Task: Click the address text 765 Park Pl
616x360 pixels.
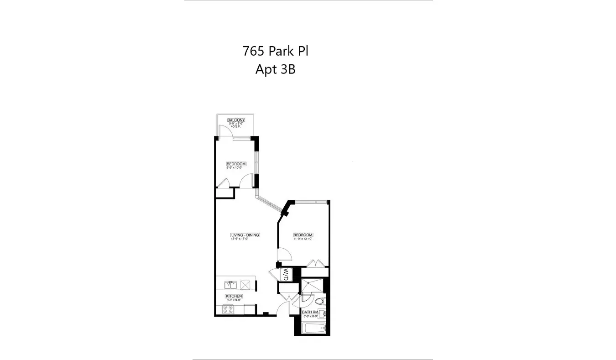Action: pos(275,51)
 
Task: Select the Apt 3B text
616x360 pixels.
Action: pos(275,70)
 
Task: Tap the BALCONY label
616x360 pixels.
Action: pos(236,120)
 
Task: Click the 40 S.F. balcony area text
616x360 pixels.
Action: pos(236,126)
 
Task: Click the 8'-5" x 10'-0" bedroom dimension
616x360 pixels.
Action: pos(236,168)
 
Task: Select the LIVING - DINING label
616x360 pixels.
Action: pos(245,235)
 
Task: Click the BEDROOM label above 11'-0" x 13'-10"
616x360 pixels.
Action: pos(303,235)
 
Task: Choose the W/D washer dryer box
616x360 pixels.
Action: pos(286,275)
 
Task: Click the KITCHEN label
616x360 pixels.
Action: pos(234,296)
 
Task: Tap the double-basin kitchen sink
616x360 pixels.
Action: pos(230,285)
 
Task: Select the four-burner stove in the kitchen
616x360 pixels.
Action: pos(228,310)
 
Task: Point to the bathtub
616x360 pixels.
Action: pos(314,329)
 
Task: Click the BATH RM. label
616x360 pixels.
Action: pos(310,312)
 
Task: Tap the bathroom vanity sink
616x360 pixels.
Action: pos(323,313)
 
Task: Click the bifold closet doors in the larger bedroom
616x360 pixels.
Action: pos(315,264)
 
